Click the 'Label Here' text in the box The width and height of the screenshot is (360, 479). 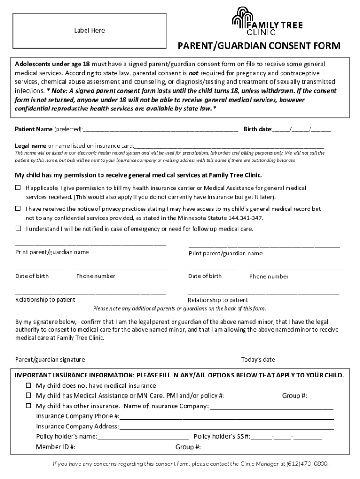[x=89, y=30]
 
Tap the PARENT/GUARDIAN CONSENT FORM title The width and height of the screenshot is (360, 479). [x=259, y=46]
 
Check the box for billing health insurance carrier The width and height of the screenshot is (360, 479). [x=18, y=188]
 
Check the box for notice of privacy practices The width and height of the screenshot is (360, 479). [x=18, y=209]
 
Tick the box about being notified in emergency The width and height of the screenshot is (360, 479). [x=18, y=229]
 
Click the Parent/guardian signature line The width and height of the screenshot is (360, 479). [x=124, y=355]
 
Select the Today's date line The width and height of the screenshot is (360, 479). [x=287, y=355]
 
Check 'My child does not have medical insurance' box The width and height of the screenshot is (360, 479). [x=29, y=385]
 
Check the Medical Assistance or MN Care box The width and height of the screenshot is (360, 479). [x=29, y=396]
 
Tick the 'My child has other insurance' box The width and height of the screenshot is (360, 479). [x=29, y=406]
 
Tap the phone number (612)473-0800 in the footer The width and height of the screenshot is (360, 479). [x=306, y=464]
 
